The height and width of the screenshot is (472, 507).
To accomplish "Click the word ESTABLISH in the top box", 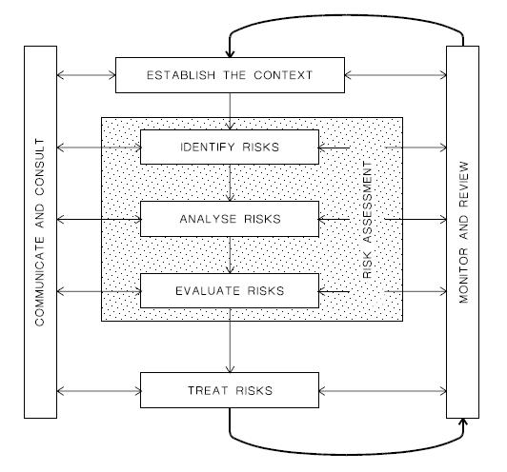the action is pyautogui.click(x=181, y=75).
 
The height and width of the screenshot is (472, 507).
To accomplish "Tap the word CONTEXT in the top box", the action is pyautogui.click(x=283, y=75).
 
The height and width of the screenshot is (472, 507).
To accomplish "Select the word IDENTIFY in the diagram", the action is pyautogui.click(x=207, y=147).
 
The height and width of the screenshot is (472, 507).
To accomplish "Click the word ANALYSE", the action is pyautogui.click(x=208, y=219).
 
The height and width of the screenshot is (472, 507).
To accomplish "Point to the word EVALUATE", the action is pyautogui.click(x=208, y=291).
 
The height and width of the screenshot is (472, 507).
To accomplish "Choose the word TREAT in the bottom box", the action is pyautogui.click(x=208, y=391).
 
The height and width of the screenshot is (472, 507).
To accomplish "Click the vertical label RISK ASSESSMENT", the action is pyautogui.click(x=368, y=220).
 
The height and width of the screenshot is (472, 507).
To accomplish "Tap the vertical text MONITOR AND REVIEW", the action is pyautogui.click(x=464, y=232).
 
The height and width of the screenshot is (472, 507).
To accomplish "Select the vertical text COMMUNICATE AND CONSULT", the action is pyautogui.click(x=39, y=232).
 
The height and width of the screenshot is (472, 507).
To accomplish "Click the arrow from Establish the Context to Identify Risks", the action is pyautogui.click(x=230, y=111).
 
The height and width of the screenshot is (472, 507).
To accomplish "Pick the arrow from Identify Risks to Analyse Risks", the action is pyautogui.click(x=230, y=183).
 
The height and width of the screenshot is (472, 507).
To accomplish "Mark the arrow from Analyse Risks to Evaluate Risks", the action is pyautogui.click(x=230, y=255).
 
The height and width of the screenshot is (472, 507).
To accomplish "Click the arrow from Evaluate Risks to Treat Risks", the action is pyautogui.click(x=230, y=341).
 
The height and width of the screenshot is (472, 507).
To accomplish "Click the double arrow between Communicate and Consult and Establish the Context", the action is pyautogui.click(x=87, y=75).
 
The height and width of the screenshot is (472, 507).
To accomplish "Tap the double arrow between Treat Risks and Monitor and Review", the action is pyautogui.click(x=382, y=392).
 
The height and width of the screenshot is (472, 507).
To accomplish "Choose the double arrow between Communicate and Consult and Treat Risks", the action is pyautogui.click(x=99, y=392).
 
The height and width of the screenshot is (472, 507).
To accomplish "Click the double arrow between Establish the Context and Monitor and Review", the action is pyautogui.click(x=395, y=75).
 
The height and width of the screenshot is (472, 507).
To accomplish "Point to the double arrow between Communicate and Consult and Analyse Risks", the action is pyautogui.click(x=99, y=220).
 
